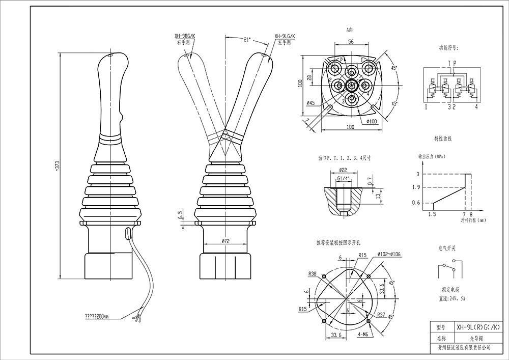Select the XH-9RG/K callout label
tap(186, 37)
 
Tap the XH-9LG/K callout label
tap(285, 37)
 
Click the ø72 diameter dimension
tap(226, 239)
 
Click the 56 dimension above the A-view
tap(351, 43)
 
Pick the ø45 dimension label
tap(310, 103)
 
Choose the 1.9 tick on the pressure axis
tap(415, 188)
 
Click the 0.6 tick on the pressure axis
tap(415, 203)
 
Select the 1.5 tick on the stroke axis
tap(432, 215)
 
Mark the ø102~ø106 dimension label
tap(389, 254)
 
